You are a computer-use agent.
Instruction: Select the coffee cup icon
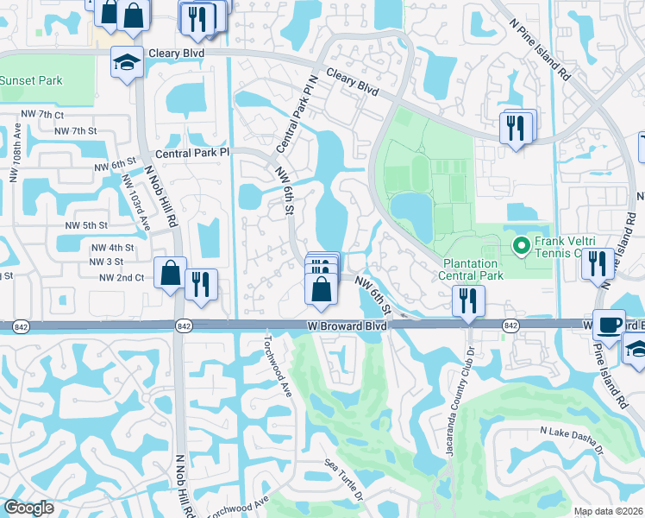pos(610,325)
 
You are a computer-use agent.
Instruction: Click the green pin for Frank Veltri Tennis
pos(520,246)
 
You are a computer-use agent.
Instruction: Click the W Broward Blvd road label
pos(345,326)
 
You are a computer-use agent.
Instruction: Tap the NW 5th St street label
pos(85,224)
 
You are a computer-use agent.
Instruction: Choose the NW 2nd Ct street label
pos(121,278)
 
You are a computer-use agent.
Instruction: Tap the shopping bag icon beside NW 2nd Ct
pos(170,272)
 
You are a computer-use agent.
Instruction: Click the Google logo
pos(28,508)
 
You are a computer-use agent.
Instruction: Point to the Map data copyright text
pos(608,511)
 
